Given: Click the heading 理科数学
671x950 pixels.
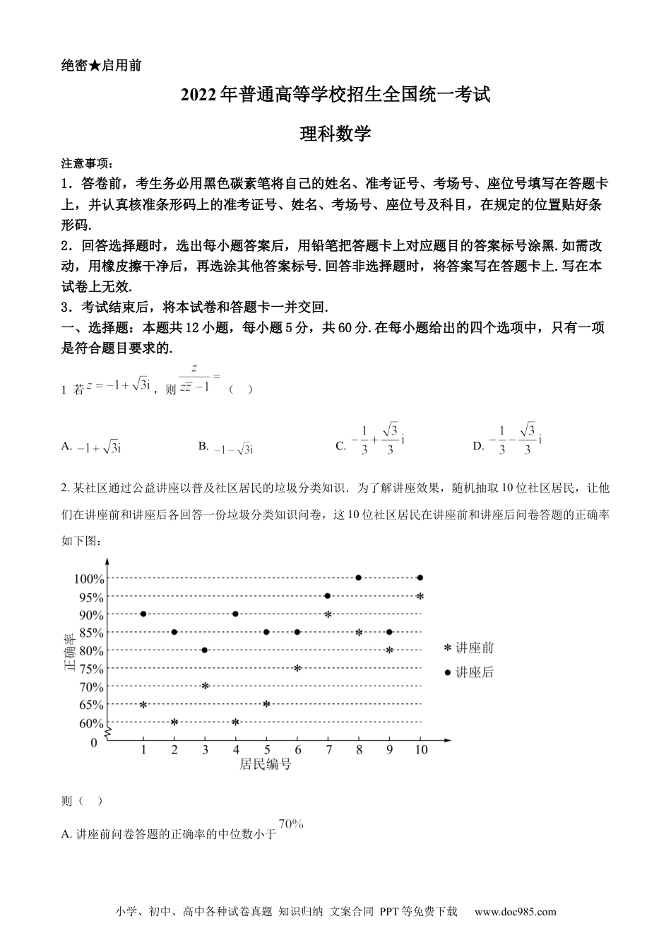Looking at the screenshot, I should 335,134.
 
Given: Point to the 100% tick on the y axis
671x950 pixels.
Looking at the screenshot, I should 89,579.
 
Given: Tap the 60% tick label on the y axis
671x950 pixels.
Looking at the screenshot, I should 90,723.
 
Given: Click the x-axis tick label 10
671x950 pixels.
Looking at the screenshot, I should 421,750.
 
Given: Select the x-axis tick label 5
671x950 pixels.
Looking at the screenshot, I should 266,750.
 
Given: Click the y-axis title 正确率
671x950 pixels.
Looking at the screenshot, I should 69,651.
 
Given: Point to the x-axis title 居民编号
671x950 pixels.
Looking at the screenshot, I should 266,764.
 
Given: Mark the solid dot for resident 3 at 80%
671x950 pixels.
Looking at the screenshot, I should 205,650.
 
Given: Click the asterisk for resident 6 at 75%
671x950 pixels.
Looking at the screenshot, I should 297,668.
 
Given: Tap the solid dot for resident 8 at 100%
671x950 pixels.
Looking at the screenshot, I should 359,578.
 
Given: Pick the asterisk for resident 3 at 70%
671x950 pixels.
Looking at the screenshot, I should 205,686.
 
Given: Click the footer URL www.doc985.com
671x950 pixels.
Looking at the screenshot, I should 515,912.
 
